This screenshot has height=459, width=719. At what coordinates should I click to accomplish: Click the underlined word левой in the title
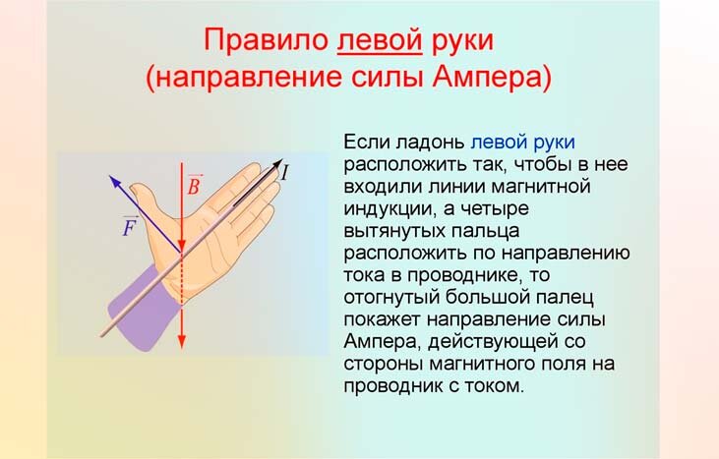coord(380,41)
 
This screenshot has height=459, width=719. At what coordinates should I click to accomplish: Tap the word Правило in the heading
coord(266,41)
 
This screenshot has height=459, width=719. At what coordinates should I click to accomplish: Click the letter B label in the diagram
coord(195,185)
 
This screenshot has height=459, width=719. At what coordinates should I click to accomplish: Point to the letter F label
coord(131,225)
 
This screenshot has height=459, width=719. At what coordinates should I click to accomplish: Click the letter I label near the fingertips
coord(285,173)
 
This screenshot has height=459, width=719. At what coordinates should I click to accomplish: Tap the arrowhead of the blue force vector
coord(115,182)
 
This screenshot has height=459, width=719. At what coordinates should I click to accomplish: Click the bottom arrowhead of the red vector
coord(182,341)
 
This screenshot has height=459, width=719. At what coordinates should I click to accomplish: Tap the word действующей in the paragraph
coord(507,342)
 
